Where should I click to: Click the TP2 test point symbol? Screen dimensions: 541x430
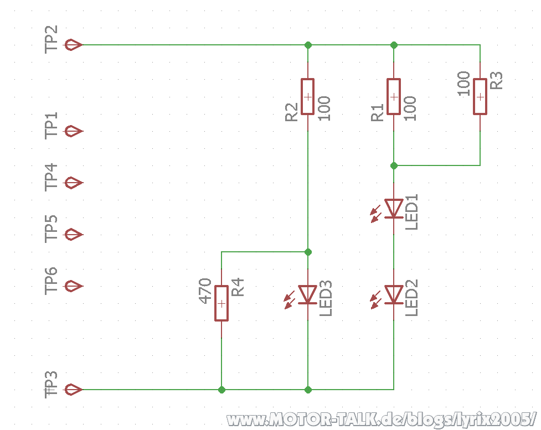[x=74, y=45]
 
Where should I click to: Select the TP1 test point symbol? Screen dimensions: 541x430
[x=74, y=131]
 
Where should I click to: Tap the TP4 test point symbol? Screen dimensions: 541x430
[x=74, y=183]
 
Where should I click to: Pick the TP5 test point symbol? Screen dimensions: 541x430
[x=74, y=235]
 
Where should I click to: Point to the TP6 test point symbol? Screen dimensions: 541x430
[x=74, y=286]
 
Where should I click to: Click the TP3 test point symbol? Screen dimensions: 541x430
[x=74, y=390]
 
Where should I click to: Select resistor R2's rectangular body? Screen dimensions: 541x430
[x=307, y=96]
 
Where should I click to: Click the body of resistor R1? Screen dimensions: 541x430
[x=394, y=96]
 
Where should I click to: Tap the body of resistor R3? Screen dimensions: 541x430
[x=480, y=96]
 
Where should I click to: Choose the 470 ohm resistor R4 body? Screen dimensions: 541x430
[x=221, y=303]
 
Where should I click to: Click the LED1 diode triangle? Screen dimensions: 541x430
[x=394, y=209]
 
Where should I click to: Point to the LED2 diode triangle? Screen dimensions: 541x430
[x=394, y=295]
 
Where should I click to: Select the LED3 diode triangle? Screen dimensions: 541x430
[x=307, y=295]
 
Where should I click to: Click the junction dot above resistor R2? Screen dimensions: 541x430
[x=308, y=45]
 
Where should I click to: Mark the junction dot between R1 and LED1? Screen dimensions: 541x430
[x=394, y=165]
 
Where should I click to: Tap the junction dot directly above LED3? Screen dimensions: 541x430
[x=308, y=252]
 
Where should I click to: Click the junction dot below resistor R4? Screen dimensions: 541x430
[x=221, y=390]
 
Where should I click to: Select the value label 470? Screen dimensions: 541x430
[x=205, y=291]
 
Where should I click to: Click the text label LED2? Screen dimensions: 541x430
[x=411, y=298]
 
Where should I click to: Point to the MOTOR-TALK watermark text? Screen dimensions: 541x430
[x=382, y=419]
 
